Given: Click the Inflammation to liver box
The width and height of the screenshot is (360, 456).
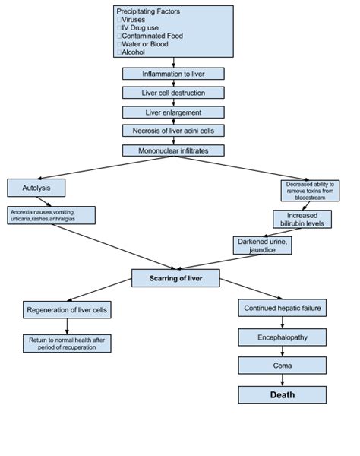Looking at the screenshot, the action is click(x=173, y=74).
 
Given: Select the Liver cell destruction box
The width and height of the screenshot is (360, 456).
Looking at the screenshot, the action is click(x=173, y=93).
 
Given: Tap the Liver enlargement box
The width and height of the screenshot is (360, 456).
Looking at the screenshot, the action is click(x=173, y=112).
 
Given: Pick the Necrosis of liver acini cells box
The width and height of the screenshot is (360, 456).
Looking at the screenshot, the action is click(x=173, y=131).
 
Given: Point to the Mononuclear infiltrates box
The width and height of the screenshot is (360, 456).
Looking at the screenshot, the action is click(x=173, y=150).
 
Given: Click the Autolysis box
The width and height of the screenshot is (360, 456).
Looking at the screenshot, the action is click(x=36, y=188).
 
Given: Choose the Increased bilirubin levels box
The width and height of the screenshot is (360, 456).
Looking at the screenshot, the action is click(x=302, y=220).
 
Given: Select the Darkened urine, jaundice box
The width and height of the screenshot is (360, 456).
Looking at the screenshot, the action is click(x=262, y=245).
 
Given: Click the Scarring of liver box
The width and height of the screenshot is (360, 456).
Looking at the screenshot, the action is click(x=175, y=278).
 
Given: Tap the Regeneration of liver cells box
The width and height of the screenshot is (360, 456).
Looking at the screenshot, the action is click(x=67, y=310).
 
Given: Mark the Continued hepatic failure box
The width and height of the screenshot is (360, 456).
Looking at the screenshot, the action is click(x=282, y=308).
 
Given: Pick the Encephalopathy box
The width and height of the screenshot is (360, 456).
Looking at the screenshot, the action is click(x=282, y=337).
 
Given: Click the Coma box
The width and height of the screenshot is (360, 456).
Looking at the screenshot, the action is click(x=282, y=366).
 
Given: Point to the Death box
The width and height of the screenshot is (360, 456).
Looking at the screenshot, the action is click(x=282, y=395).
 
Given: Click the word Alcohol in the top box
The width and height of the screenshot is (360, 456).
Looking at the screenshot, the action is click(x=133, y=52).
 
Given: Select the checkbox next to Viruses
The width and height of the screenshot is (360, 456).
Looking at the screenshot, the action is click(x=119, y=20).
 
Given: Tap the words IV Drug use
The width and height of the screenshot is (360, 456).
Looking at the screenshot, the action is click(x=140, y=28).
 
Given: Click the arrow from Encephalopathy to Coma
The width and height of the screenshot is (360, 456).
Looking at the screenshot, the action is click(x=282, y=352).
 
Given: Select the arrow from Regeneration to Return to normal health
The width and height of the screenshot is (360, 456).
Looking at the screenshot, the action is click(x=67, y=327).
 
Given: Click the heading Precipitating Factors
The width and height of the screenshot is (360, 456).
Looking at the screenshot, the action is click(x=148, y=11).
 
